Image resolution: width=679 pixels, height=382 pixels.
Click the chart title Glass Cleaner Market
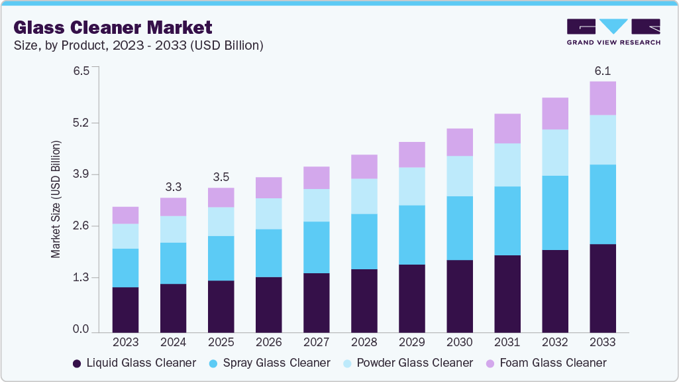pyautogui.click(x=113, y=27)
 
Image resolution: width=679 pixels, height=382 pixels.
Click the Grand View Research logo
pyautogui.click(x=613, y=32)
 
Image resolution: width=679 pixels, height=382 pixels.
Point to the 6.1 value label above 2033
pyautogui.click(x=602, y=71)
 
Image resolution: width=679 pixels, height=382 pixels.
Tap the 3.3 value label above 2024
pyautogui.click(x=173, y=187)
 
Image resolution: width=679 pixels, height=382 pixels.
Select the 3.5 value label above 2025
pyautogui.click(x=221, y=177)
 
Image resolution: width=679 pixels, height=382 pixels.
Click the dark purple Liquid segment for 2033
pyautogui.click(x=602, y=288)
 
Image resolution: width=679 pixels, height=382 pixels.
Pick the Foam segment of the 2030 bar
pyautogui.click(x=460, y=142)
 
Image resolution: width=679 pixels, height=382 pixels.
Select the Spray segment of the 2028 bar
pyautogui.click(x=364, y=241)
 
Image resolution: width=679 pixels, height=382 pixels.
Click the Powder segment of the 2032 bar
pyautogui.click(x=554, y=153)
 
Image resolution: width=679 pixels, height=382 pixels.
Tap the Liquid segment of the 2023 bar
pyautogui.click(x=125, y=309)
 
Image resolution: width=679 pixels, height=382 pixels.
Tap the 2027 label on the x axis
pyautogui.click(x=316, y=342)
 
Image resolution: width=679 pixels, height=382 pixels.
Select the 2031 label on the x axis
pyautogui.click(x=507, y=342)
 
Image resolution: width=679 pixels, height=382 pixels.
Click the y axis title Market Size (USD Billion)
pyautogui.click(x=56, y=199)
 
